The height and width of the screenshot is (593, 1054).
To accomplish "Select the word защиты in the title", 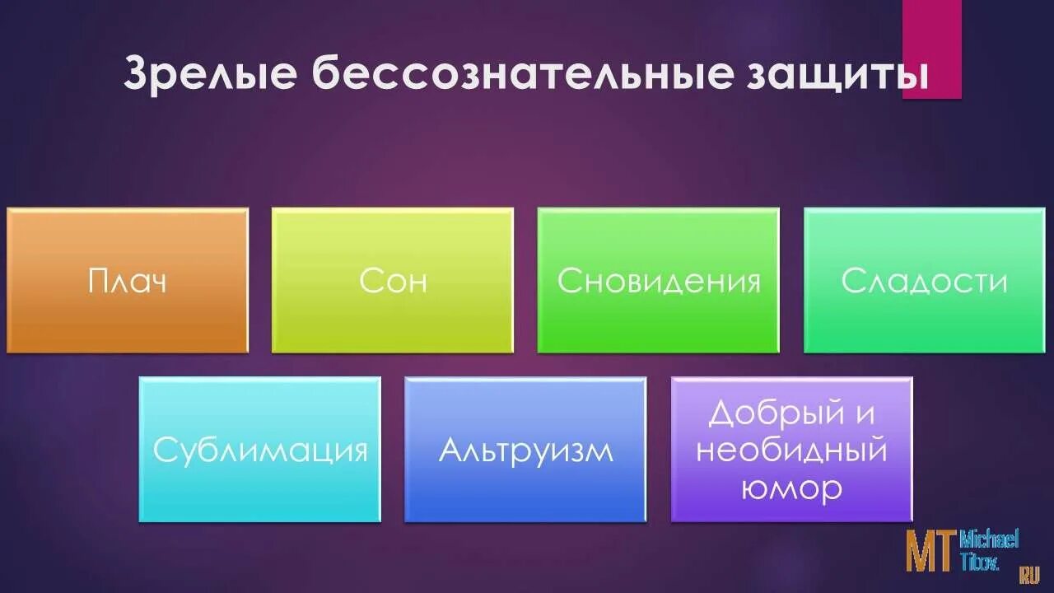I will click(x=838, y=75).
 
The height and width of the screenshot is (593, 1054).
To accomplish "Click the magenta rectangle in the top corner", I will click(x=931, y=49).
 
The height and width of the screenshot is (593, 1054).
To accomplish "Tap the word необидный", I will click(x=791, y=451).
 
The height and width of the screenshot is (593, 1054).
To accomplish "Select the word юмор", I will click(x=791, y=488).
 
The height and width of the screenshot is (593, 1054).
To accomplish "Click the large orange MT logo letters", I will click(x=931, y=551).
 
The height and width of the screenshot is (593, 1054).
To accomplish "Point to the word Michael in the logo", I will click(x=989, y=539).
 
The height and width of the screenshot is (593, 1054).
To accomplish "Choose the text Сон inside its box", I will click(x=393, y=281).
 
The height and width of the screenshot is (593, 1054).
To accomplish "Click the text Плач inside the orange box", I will click(x=128, y=281).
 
